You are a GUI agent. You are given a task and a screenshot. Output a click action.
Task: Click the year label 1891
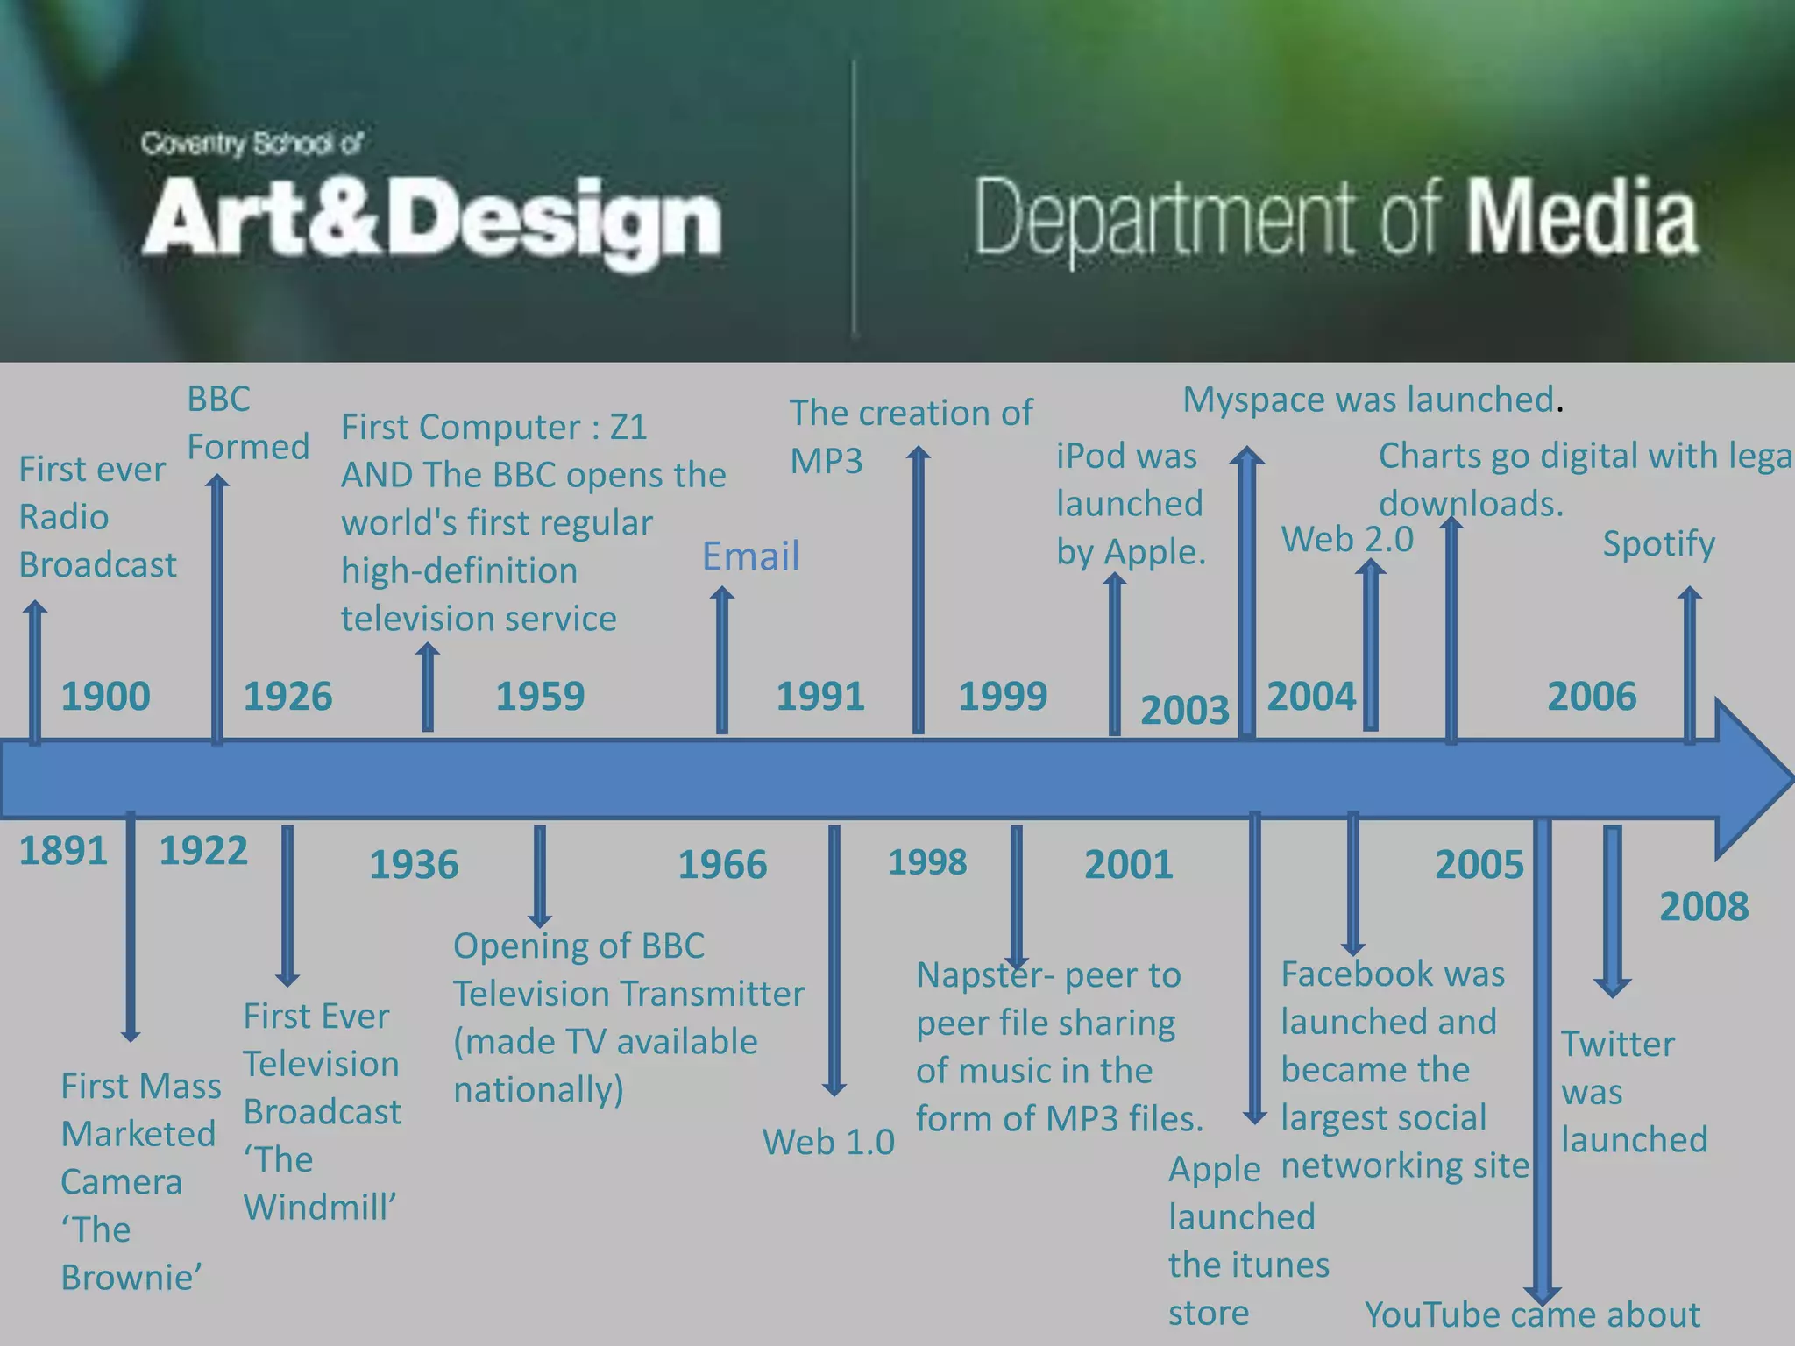coord(63,851)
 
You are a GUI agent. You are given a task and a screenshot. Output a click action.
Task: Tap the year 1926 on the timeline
coord(287,697)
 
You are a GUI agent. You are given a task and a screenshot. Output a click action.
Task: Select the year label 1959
coord(540,697)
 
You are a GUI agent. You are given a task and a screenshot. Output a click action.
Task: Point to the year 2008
coord(1704,907)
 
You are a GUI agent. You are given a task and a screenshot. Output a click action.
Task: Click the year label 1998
coord(927,863)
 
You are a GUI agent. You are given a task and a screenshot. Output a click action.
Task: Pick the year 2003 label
coord(1184,710)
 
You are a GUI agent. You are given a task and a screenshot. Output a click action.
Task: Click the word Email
coord(751,556)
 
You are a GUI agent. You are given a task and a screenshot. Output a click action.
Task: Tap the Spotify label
coord(1658,544)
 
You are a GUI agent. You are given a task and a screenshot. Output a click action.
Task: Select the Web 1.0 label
coord(828,1142)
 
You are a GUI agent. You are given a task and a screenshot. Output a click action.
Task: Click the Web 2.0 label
coord(1347,539)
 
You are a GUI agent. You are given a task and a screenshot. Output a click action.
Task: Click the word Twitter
coord(1617,1045)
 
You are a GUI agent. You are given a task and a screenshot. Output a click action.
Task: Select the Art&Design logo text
coord(431,219)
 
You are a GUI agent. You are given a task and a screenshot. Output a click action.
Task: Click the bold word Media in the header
coord(1582,217)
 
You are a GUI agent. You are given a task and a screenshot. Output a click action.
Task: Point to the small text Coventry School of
coord(252,143)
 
